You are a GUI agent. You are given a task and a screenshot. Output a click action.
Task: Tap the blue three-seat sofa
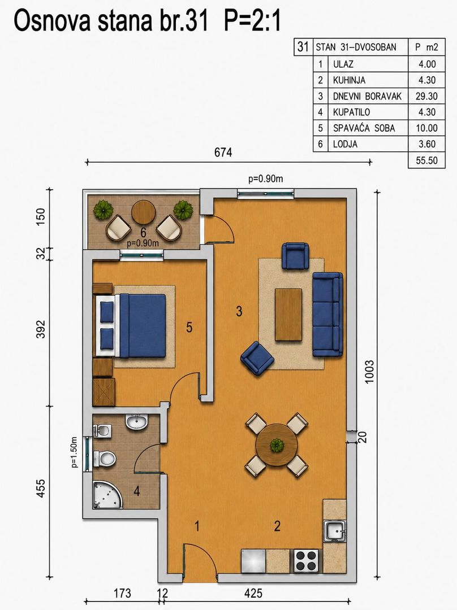(x=328, y=315)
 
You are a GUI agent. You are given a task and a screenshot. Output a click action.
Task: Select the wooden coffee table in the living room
(x=288, y=315)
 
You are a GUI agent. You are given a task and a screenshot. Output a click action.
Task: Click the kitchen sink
(x=335, y=531)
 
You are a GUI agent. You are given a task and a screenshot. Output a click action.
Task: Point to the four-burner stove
(x=307, y=561)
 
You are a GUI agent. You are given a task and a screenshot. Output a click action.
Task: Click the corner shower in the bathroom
(x=107, y=495)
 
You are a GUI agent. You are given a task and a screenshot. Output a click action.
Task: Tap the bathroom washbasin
(x=136, y=422)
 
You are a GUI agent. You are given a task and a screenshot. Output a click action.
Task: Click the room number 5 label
(x=189, y=328)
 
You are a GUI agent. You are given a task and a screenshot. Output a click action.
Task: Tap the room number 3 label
(x=239, y=311)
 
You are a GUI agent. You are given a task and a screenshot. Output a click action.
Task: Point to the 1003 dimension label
(x=369, y=372)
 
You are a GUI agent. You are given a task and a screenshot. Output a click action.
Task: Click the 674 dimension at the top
(x=223, y=152)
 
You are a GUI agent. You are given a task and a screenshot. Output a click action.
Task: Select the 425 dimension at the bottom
(x=253, y=593)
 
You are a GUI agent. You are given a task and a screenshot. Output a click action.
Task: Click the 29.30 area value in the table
(x=426, y=96)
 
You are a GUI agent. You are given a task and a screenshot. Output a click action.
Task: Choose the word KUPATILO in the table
(x=351, y=112)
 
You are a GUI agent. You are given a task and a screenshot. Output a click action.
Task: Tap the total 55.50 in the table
(x=426, y=160)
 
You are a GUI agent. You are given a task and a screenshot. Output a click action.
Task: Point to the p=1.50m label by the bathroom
(x=75, y=452)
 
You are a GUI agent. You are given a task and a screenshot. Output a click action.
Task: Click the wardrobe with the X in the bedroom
(x=104, y=392)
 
